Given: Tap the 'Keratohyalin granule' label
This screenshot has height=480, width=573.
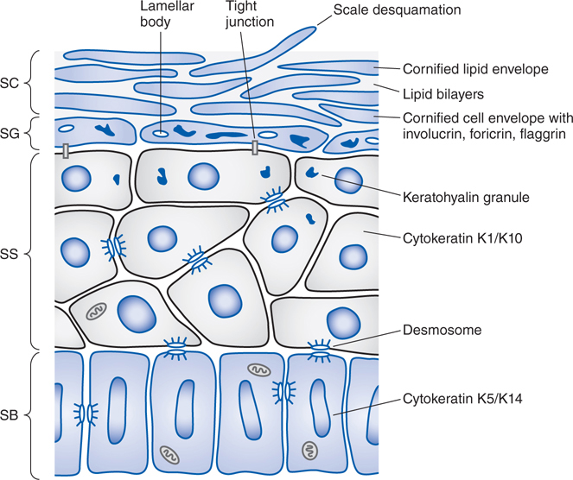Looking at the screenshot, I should pyautogui.click(x=464, y=197).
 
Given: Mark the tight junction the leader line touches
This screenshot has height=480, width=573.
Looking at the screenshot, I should pyautogui.click(x=254, y=148).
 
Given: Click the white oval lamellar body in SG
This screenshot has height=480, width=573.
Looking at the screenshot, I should pyautogui.click(x=161, y=134).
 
